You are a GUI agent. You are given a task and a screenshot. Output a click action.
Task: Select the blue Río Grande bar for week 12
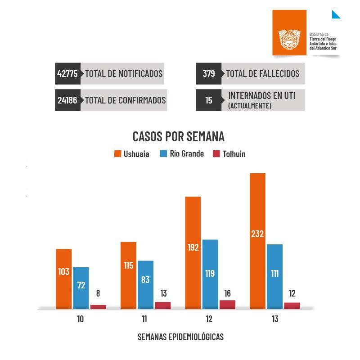tap(210, 274)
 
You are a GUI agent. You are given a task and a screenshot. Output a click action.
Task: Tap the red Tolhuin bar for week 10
tap(98, 307)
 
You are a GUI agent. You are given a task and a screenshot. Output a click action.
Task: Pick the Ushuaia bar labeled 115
tap(128, 275)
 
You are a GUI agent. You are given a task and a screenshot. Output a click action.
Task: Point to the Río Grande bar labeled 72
tap(81, 288)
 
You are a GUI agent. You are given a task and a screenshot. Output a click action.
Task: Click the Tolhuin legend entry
tap(229, 154)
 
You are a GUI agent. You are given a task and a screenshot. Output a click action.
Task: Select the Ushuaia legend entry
tap(132, 154)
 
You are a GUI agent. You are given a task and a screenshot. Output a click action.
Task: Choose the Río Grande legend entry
tap(182, 154)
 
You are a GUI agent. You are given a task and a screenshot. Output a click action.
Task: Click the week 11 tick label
tap(144, 319)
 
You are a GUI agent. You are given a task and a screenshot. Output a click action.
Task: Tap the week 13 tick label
tap(275, 319)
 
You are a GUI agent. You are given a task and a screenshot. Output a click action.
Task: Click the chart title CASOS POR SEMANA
tap(178, 136)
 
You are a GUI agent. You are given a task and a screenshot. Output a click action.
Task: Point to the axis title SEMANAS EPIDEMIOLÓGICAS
tap(180, 337)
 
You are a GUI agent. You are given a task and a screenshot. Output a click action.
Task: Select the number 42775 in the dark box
tap(67, 74)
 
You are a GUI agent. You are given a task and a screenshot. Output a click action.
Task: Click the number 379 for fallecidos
tap(209, 74)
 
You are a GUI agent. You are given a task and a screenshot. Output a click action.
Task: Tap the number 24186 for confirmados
tap(67, 100)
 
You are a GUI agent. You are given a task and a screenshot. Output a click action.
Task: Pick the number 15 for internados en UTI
tap(209, 100)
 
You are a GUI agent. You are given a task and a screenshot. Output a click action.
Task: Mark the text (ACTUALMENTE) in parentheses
tap(250, 106)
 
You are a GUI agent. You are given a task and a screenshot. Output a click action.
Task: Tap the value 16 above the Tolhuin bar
tap(227, 293)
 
